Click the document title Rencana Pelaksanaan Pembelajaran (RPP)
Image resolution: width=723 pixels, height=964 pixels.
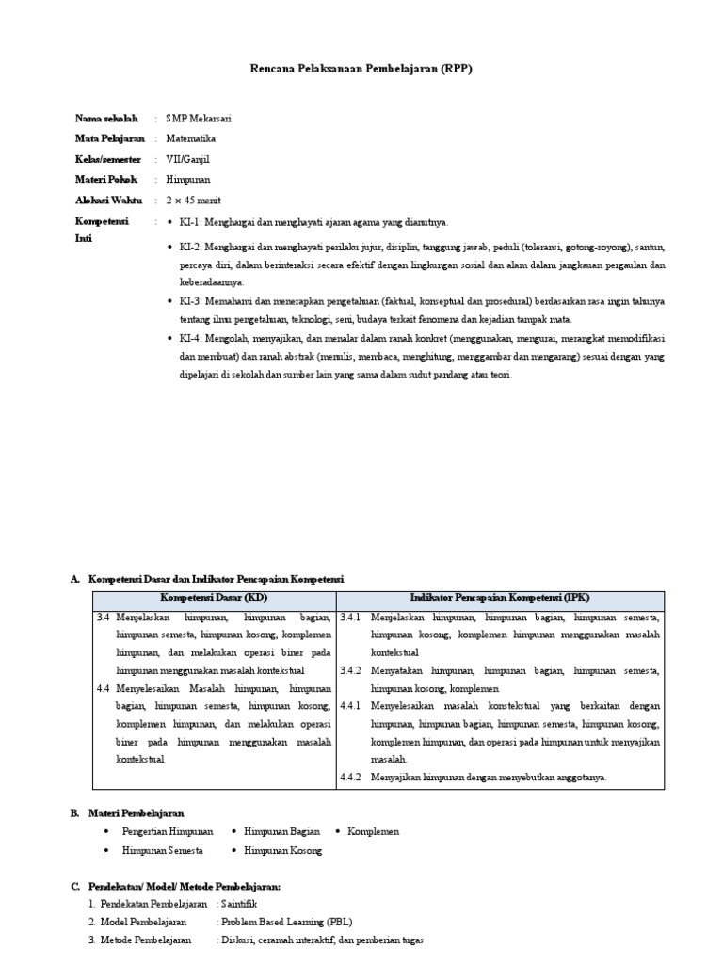pyautogui.click(x=361, y=70)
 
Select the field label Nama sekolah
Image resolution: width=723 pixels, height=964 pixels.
pyautogui.click(x=106, y=119)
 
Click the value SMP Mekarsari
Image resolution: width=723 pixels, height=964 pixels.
pyautogui.click(x=199, y=119)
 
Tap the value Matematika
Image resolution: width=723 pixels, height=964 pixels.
pyautogui.click(x=190, y=138)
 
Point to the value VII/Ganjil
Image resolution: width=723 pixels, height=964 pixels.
pyautogui.click(x=188, y=159)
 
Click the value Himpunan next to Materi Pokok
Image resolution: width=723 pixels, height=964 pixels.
pyautogui.click(x=188, y=180)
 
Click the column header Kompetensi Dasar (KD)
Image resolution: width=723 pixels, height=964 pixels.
pyautogui.click(x=213, y=598)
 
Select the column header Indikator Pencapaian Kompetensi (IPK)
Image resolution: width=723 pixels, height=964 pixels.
pyautogui.click(x=500, y=598)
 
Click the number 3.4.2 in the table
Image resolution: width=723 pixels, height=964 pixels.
pyautogui.click(x=352, y=670)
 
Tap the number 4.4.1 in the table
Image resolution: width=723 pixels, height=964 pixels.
pyautogui.click(x=352, y=705)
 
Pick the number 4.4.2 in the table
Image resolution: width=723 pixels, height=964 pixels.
pyautogui.click(x=352, y=778)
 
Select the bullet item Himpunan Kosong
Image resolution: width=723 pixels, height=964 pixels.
pyautogui.click(x=282, y=850)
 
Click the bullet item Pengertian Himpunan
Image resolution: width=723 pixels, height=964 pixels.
pyautogui.click(x=168, y=831)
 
